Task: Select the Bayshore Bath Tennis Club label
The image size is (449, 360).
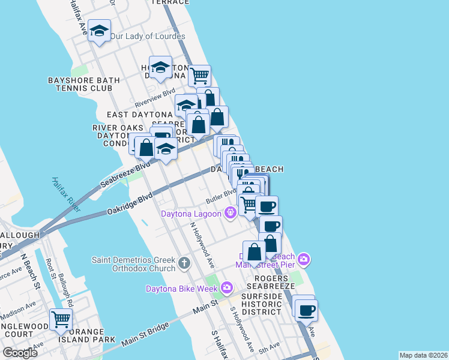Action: point(80,84)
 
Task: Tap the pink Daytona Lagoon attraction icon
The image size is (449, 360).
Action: point(229,212)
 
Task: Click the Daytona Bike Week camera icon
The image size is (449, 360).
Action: point(226,288)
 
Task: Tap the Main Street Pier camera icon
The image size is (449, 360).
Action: point(304,259)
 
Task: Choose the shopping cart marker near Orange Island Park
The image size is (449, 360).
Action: point(61,320)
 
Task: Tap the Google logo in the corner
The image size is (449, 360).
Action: point(20,352)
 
